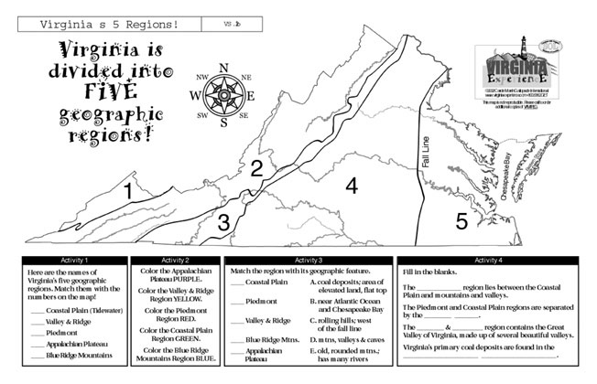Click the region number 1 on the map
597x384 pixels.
(129, 191)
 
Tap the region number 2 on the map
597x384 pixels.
(257, 167)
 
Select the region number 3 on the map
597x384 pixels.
(223, 220)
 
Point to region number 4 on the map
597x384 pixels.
(350, 186)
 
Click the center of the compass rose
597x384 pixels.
(223, 94)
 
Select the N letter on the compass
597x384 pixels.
(223, 67)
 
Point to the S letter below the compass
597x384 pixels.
(223, 123)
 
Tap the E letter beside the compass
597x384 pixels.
(250, 95)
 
